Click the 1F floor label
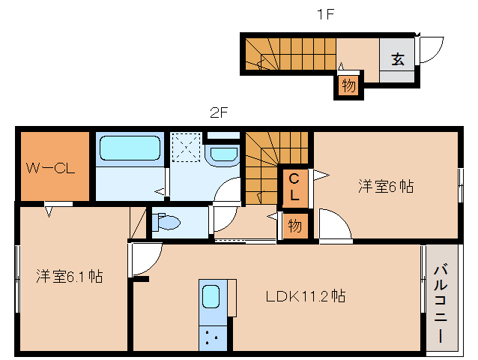(326, 14)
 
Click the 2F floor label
(219, 113)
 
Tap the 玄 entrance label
(398, 59)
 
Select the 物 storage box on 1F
(348, 85)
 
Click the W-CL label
(50, 168)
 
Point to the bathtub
(130, 148)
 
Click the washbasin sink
(224, 154)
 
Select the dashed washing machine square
(187, 147)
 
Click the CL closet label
(294, 187)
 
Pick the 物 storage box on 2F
(294, 226)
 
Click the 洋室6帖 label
(386, 186)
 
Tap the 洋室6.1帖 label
(69, 277)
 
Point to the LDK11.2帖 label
(306, 295)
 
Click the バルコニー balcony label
(441, 304)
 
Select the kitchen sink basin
(211, 296)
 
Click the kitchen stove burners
(211, 338)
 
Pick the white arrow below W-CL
(49, 211)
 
